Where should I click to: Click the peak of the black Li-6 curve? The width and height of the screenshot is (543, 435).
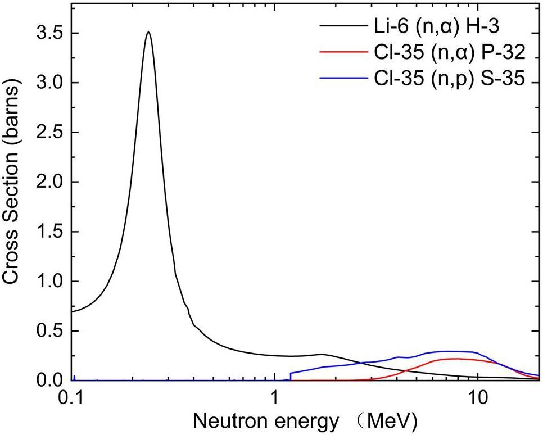tap(148, 33)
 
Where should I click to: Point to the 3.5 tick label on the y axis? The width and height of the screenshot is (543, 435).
tap(49, 33)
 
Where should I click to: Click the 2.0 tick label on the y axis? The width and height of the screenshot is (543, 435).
tap(49, 182)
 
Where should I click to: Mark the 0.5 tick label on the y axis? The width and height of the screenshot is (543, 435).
tap(49, 331)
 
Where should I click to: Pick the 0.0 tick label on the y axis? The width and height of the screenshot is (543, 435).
tap(49, 380)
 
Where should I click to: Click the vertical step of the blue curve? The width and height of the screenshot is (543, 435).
tap(290, 376)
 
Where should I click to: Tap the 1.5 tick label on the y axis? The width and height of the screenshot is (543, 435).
tap(49, 232)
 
